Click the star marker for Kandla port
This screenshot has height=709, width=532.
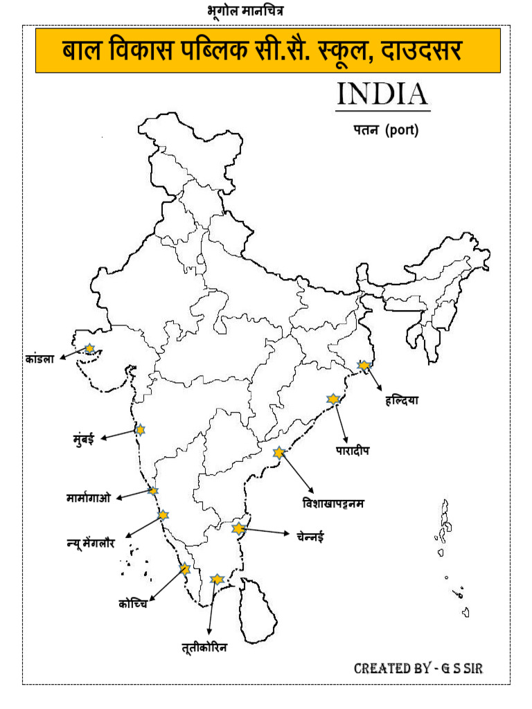click(x=89, y=349)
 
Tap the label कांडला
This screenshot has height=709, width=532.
click(x=39, y=359)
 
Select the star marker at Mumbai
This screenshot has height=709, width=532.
click(x=140, y=429)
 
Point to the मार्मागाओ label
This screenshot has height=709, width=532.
click(x=89, y=497)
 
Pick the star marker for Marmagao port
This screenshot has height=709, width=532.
click(x=153, y=490)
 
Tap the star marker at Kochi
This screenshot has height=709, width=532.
click(x=184, y=569)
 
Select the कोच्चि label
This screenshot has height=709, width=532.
click(x=132, y=604)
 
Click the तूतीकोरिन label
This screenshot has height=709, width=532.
click(x=204, y=648)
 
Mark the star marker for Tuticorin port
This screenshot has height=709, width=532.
click(x=217, y=578)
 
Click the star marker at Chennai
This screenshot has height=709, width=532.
click(x=239, y=528)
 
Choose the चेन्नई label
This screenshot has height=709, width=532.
click(x=310, y=536)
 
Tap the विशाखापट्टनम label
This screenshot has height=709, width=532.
click(x=332, y=503)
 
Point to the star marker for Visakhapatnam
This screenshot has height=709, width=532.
click(x=279, y=453)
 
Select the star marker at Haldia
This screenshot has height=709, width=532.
click(x=363, y=365)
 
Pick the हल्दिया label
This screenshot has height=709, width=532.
click(x=402, y=400)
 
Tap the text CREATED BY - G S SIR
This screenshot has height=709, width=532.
click(x=418, y=668)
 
